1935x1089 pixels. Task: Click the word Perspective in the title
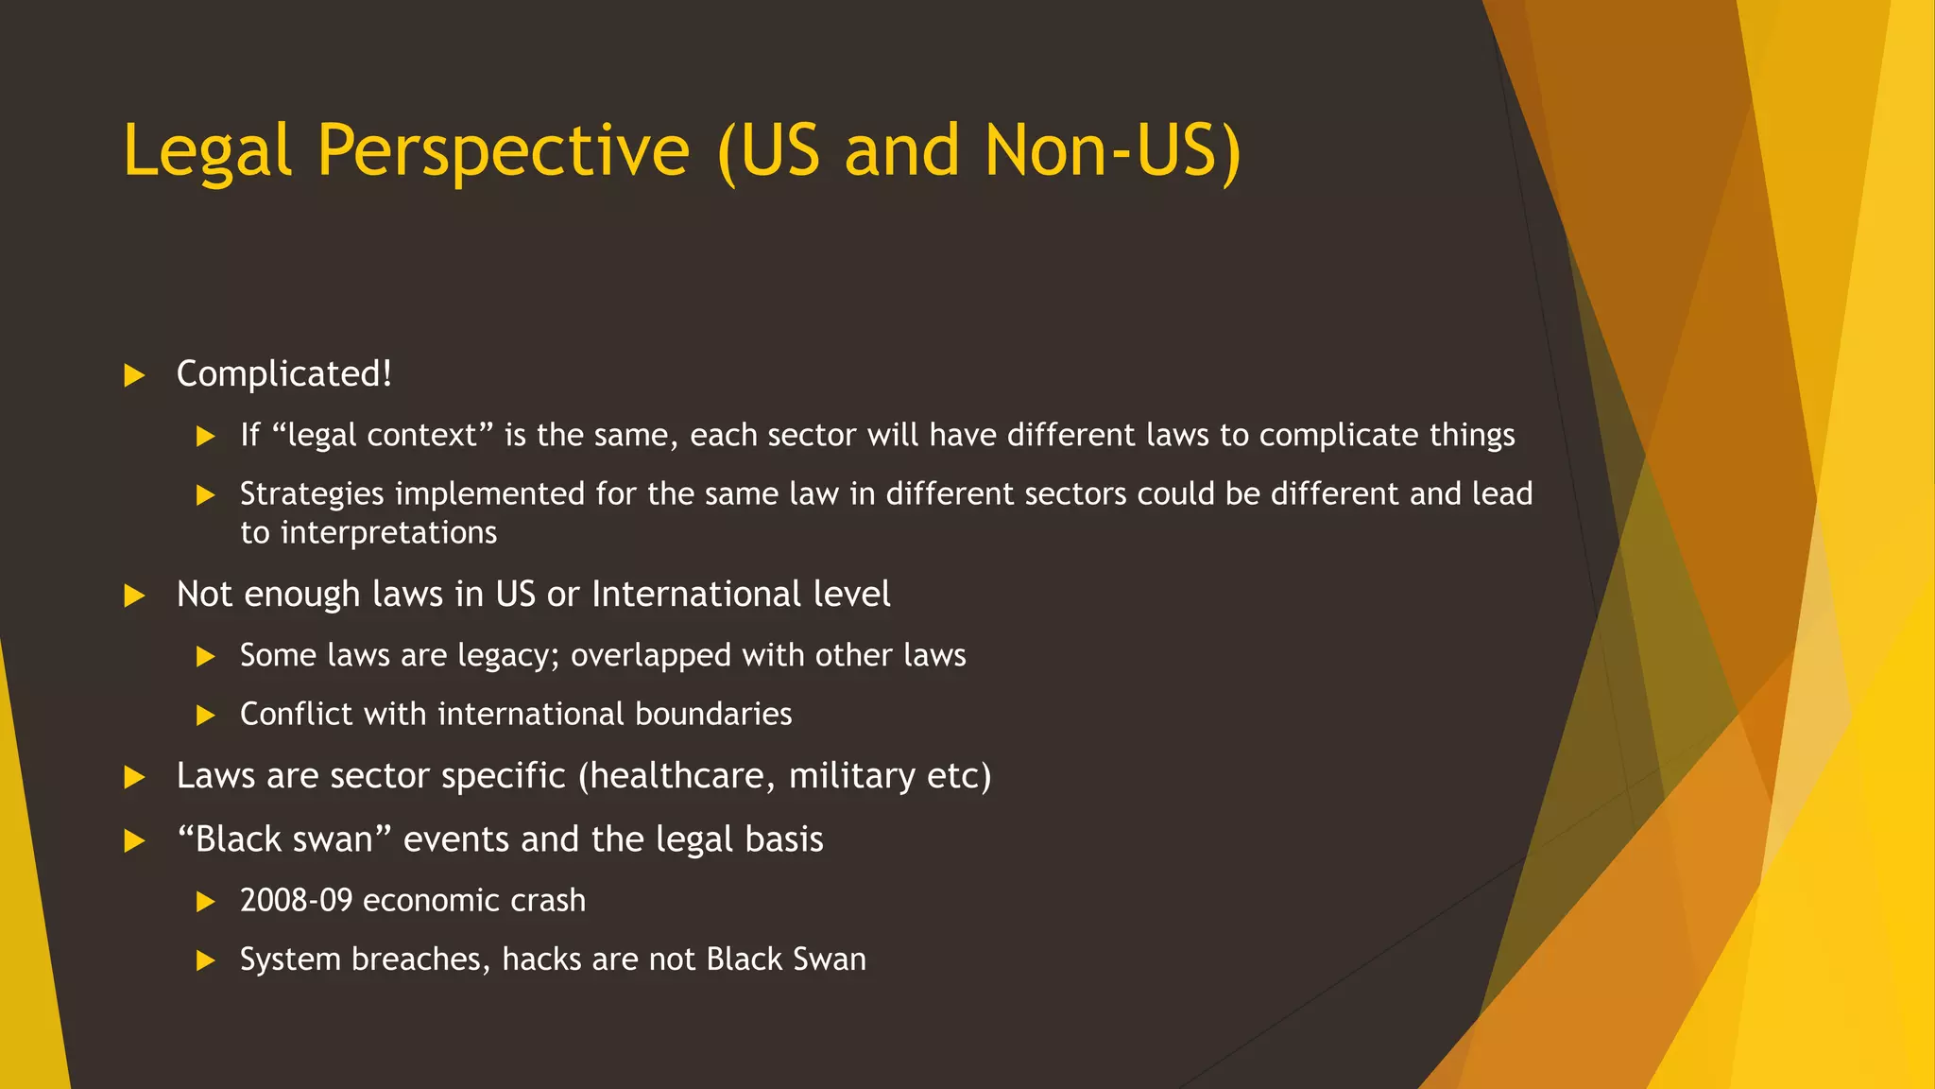(503, 151)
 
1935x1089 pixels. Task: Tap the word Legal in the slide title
(207, 151)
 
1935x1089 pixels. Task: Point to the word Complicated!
(283, 374)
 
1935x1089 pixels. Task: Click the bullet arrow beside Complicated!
(135, 375)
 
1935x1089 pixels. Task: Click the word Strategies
(312, 493)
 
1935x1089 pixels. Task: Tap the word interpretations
(388, 532)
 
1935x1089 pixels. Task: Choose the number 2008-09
(296, 900)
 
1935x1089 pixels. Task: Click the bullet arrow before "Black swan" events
(135, 841)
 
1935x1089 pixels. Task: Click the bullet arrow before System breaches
(206, 961)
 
